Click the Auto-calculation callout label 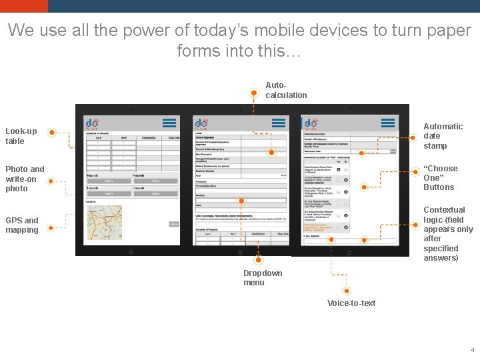pyautogui.click(x=286, y=90)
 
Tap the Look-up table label pyautogui.click(x=21, y=136)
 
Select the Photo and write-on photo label pyautogui.click(x=25, y=179)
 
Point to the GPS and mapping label pyautogui.click(x=22, y=225)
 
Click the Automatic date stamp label pyautogui.click(x=443, y=136)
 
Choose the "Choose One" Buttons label pyautogui.click(x=440, y=178)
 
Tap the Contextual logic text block pyautogui.click(x=447, y=233)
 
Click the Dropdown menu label pyautogui.click(x=262, y=278)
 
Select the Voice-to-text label pyautogui.click(x=351, y=303)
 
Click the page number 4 pyautogui.click(x=472, y=349)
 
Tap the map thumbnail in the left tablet pyautogui.click(x=104, y=223)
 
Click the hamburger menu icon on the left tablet pyautogui.click(x=169, y=123)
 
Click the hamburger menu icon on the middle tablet pyautogui.click(x=278, y=123)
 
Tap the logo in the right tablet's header pyautogui.click(x=311, y=123)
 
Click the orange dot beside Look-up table pyautogui.click(x=52, y=133)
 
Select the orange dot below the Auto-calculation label pyautogui.click(x=253, y=93)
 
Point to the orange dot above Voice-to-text pyautogui.click(x=347, y=291)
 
